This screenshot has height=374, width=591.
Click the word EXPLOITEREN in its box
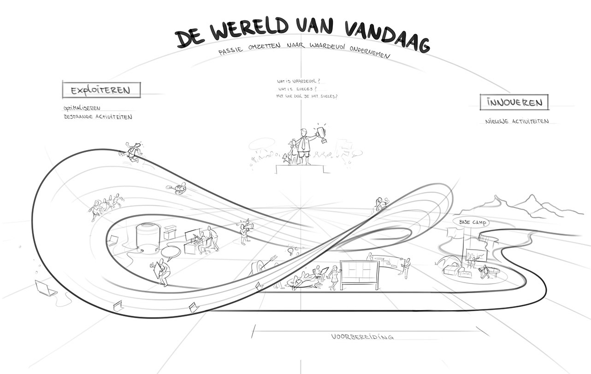coord(101,90)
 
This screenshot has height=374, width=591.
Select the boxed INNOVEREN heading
coord(514,103)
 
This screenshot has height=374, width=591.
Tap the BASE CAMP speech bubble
coord(472,223)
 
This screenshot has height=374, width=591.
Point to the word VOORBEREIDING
coord(362,337)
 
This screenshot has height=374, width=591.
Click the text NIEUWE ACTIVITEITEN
coord(516,122)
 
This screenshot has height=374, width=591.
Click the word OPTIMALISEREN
coord(82,109)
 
